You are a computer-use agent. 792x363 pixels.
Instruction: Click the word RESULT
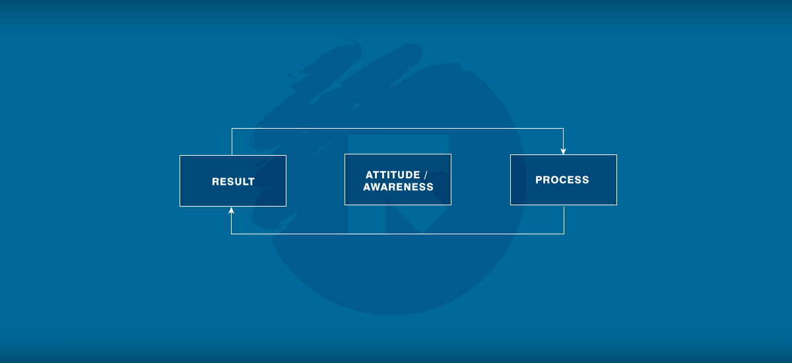coord(233,181)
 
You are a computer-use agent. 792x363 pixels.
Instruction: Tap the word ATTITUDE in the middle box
coord(393,175)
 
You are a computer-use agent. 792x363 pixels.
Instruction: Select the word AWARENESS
coord(398,187)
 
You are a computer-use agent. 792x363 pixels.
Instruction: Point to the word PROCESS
coord(562,180)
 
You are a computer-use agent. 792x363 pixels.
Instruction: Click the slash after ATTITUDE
coord(426,175)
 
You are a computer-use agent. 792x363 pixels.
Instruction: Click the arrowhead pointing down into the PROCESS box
coord(563,152)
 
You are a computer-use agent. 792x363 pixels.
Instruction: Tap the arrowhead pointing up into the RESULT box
coord(231,211)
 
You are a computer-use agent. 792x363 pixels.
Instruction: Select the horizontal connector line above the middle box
coord(397,128)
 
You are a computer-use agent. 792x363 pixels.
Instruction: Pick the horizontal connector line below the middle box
coord(397,234)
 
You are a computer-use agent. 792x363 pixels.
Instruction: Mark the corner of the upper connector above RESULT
coord(232,128)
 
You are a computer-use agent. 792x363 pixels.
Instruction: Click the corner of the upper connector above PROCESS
coord(563,128)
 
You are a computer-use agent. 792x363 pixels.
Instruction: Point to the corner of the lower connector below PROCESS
coord(564,234)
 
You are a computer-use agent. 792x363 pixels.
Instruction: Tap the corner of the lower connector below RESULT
coord(231,234)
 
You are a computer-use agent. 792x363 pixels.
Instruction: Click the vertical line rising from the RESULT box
coord(232,142)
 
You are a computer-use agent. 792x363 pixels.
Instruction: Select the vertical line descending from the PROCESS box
coord(564,220)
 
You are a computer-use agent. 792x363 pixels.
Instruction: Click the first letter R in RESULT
coord(216,181)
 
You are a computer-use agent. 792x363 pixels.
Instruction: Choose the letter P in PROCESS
coord(539,180)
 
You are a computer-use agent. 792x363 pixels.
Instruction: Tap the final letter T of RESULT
coord(251,181)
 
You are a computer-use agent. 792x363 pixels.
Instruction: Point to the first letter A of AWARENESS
coord(368,187)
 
